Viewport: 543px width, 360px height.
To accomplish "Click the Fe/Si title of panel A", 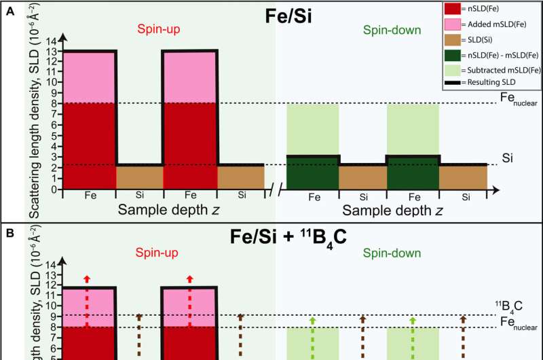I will click(x=288, y=16).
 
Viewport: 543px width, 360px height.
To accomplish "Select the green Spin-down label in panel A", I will click(x=392, y=30).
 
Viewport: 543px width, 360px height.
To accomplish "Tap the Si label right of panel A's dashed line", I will click(x=507, y=158).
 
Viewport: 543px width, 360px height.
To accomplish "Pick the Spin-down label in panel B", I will click(x=392, y=253).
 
